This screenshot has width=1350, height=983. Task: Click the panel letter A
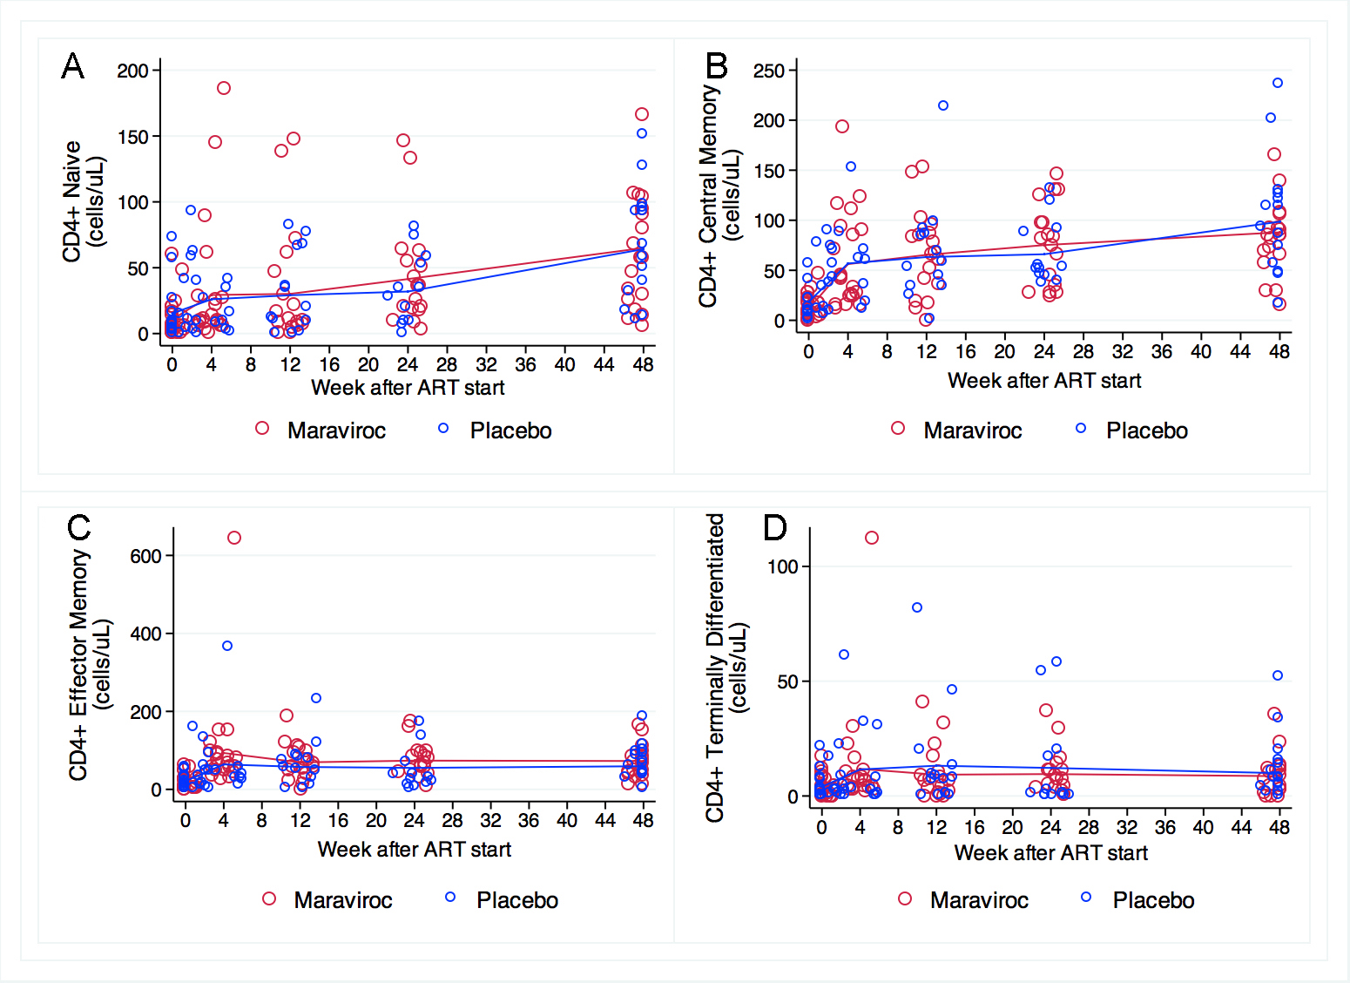coord(73,66)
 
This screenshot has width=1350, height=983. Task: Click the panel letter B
coord(716,66)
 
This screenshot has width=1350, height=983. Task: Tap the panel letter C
coord(79,528)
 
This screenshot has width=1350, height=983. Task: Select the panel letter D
coord(774,528)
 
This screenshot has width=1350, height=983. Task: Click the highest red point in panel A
coord(224,88)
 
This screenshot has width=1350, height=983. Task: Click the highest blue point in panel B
coord(1278,83)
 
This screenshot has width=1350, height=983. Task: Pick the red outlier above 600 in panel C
coord(234,538)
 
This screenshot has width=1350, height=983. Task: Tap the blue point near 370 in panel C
coord(227,646)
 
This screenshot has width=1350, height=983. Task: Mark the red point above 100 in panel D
coord(872,538)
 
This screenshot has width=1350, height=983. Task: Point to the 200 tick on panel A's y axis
coord(133,71)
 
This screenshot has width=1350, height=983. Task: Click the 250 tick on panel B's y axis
coord(769,71)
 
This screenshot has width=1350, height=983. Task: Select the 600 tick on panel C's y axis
coord(145,556)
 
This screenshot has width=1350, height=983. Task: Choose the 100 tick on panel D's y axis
coord(782,566)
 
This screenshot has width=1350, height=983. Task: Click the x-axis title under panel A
coord(408,388)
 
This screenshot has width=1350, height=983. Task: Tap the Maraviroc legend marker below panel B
coord(898,428)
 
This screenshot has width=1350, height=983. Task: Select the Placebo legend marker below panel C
coord(450,897)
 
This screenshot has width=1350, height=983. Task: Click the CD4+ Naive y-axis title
coord(83,200)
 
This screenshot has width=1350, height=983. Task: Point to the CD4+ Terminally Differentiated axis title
coord(726,668)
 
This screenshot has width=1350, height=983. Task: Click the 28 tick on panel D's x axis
coord(1089,827)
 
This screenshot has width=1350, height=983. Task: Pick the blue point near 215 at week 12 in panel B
coord(942,105)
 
